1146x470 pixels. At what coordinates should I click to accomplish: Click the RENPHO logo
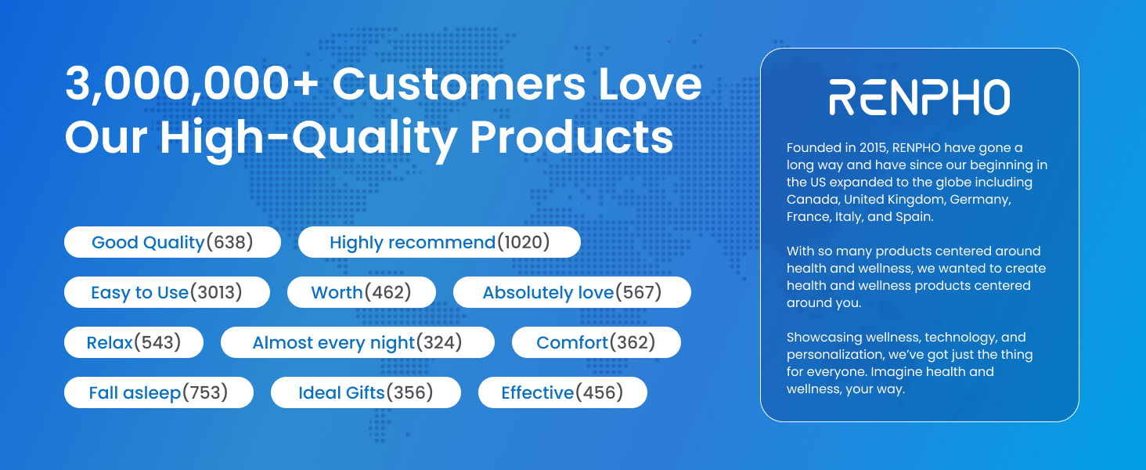tap(919, 97)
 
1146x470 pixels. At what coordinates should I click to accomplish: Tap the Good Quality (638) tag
tap(172, 242)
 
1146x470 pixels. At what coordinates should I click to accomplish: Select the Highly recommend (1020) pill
tap(439, 242)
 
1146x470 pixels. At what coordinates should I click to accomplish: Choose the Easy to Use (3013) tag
tap(167, 292)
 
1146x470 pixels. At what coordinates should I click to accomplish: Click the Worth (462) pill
tap(361, 292)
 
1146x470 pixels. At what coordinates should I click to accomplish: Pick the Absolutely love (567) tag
tap(572, 292)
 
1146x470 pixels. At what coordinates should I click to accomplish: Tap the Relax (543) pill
tap(134, 342)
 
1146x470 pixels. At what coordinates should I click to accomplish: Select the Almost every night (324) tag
tap(358, 342)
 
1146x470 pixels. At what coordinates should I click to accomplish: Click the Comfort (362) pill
tap(596, 342)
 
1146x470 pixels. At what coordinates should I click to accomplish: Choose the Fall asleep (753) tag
tap(159, 392)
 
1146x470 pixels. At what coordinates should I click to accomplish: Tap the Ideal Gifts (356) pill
tap(366, 392)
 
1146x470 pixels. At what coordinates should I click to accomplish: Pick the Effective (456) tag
tap(562, 392)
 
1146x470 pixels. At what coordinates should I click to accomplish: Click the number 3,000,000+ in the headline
tap(193, 84)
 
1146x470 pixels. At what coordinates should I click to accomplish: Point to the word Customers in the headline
tap(459, 84)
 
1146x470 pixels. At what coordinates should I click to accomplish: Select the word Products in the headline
tap(572, 137)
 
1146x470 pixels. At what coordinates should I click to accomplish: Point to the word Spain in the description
tap(915, 217)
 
